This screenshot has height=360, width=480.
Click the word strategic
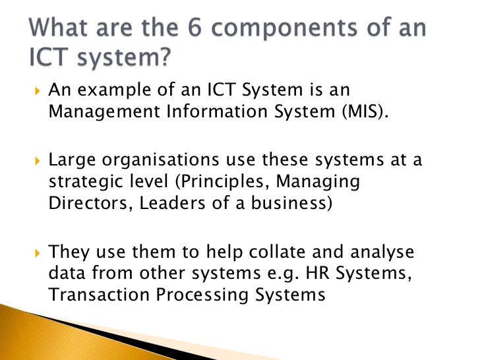click(82, 181)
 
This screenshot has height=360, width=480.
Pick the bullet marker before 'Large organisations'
click(37, 162)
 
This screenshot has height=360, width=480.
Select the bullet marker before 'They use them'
click(37, 253)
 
